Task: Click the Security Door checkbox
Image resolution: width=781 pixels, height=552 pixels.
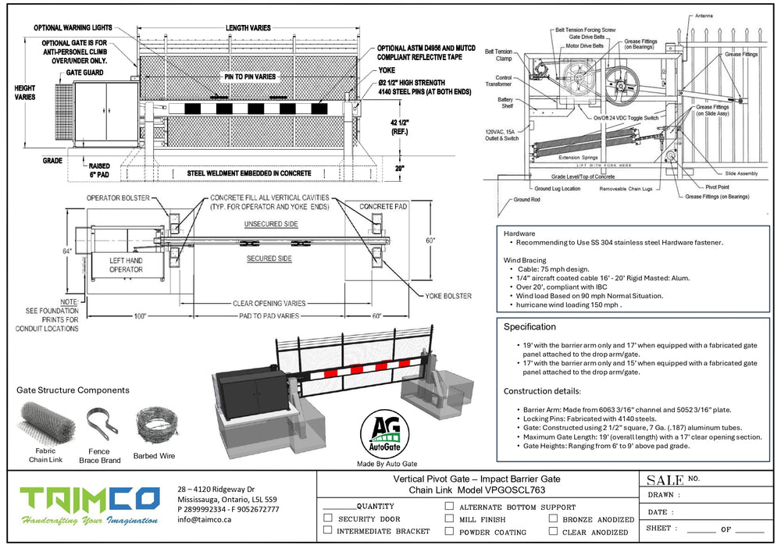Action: click(x=327, y=518)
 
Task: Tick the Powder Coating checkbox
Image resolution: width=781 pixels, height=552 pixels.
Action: click(x=449, y=532)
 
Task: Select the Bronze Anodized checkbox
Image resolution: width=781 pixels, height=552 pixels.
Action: click(x=553, y=518)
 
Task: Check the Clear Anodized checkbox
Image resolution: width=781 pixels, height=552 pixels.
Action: click(x=553, y=532)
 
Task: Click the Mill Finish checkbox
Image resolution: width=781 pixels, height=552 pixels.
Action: click(x=449, y=518)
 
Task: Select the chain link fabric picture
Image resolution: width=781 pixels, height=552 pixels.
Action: click(x=46, y=423)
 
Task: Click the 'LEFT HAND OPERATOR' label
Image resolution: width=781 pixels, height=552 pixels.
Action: click(x=126, y=265)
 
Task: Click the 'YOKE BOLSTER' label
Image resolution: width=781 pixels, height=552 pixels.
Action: click(x=448, y=296)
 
